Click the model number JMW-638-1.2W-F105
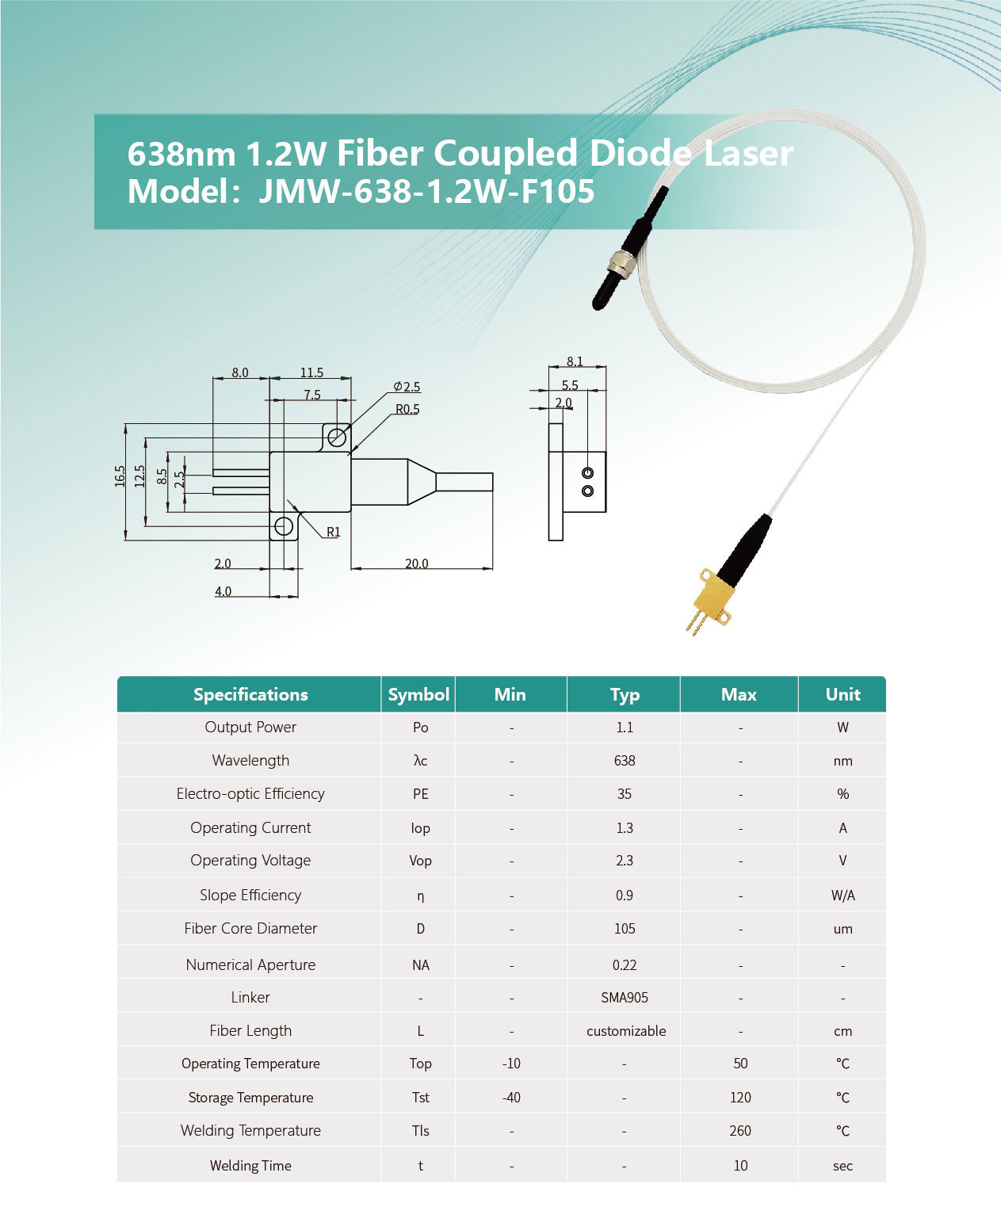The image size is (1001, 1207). (x=426, y=191)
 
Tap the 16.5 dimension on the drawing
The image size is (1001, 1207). (x=120, y=476)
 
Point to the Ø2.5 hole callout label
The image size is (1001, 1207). (x=407, y=387)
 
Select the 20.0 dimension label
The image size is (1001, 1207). (x=416, y=563)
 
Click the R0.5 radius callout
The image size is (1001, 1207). (x=407, y=409)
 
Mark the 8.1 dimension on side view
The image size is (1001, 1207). (x=575, y=361)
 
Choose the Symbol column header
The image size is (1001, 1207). (x=418, y=694)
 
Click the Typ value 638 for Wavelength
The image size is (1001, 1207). (x=625, y=761)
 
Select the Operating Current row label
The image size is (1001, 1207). (x=250, y=827)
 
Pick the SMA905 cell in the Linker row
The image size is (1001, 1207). (x=625, y=998)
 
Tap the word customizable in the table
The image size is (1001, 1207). (x=626, y=1031)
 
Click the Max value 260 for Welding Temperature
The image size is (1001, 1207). (x=740, y=1131)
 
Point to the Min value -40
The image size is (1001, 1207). (x=511, y=1098)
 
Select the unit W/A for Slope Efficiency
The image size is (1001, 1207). (x=842, y=896)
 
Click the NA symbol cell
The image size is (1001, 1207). (x=420, y=965)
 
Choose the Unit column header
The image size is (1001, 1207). (x=842, y=694)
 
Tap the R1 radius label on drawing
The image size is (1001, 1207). (x=334, y=532)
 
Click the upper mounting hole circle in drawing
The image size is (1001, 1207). (x=337, y=437)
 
